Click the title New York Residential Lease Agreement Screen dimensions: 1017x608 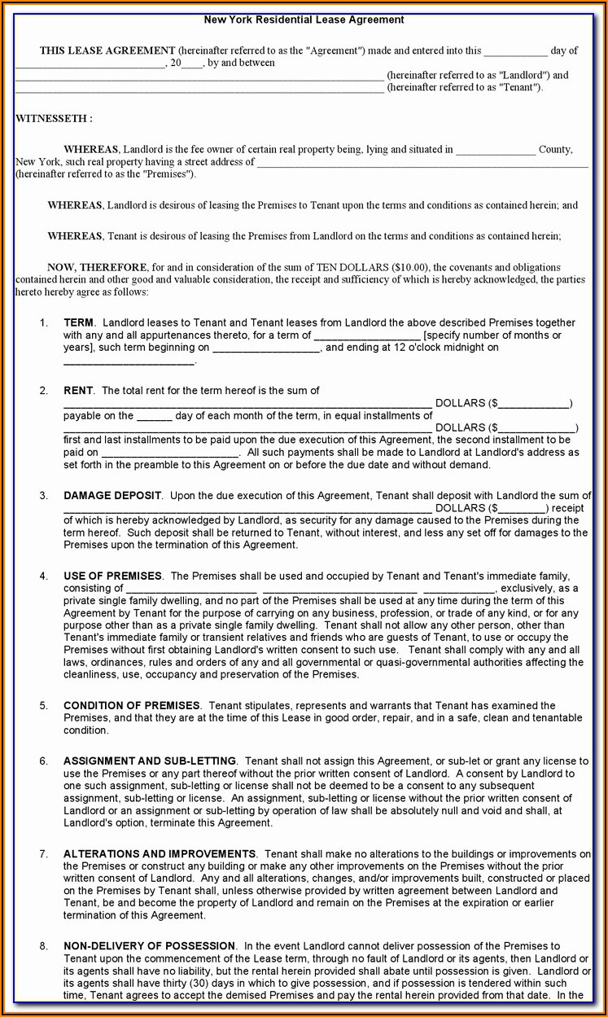click(x=304, y=20)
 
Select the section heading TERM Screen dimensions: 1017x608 click(x=79, y=322)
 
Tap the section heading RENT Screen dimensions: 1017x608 click(x=79, y=391)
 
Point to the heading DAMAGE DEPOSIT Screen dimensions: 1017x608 click(x=112, y=495)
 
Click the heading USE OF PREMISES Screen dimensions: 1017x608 click(x=112, y=576)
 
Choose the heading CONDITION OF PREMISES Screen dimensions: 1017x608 click(x=132, y=705)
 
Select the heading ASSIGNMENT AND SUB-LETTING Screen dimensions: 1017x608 click(x=150, y=761)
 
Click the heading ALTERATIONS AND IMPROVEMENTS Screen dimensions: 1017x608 click(x=160, y=853)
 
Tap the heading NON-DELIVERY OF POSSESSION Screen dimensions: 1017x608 click(x=150, y=945)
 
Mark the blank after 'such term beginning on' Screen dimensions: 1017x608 click(x=266, y=348)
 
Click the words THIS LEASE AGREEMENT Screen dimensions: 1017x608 click(x=107, y=50)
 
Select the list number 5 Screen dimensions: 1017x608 click(x=43, y=705)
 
